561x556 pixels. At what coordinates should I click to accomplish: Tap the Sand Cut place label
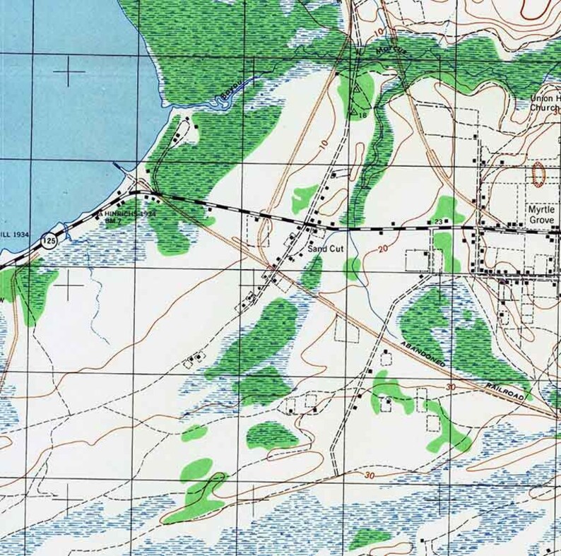[x=324, y=249]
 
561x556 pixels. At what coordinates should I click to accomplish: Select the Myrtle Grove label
[x=543, y=214]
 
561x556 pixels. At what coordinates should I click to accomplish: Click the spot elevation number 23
[x=437, y=223]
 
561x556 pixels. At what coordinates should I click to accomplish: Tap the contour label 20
[x=383, y=249]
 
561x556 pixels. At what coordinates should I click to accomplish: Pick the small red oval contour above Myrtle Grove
[x=538, y=174]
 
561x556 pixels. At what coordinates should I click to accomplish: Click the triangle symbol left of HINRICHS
[x=100, y=213]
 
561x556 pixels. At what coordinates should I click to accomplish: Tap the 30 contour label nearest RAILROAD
[x=451, y=387]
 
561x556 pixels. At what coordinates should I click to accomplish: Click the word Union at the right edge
[x=545, y=98]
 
